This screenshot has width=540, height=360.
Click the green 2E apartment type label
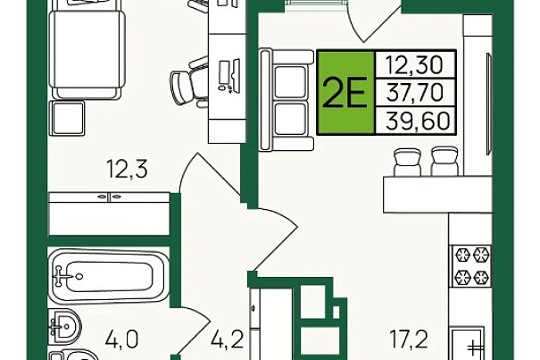click(345, 92)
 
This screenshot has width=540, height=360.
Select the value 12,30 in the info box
click(414, 65)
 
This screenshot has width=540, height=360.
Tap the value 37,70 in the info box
click(415, 92)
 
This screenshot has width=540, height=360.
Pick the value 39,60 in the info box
click(418, 121)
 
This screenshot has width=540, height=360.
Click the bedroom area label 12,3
click(127, 169)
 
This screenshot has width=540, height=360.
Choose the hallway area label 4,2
click(228, 339)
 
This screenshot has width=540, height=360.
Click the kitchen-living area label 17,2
click(409, 339)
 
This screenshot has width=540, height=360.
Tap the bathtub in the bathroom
click(109, 276)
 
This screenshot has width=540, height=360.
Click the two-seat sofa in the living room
click(287, 99)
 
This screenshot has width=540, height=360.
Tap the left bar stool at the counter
click(408, 162)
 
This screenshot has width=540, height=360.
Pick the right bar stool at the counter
click(444, 162)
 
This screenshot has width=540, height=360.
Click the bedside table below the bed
click(68, 118)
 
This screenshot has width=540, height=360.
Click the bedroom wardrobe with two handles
click(110, 213)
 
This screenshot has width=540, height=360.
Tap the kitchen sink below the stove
click(469, 343)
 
